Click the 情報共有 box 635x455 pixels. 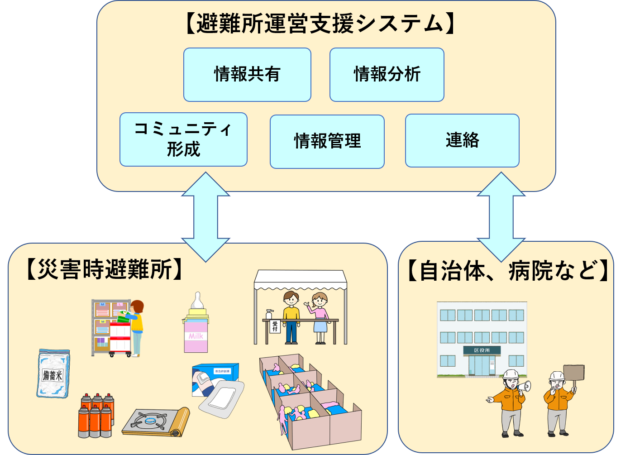(247, 75)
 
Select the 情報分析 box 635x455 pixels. (387, 75)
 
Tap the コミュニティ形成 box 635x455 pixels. (183, 139)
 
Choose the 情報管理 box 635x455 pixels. (327, 141)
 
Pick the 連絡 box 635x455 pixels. (462, 140)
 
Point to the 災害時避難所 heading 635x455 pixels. (104, 270)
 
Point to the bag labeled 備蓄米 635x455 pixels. (53, 374)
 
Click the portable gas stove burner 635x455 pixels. (149, 421)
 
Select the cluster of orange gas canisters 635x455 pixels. (95, 415)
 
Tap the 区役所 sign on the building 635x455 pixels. (482, 350)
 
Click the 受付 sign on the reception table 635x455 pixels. (275, 326)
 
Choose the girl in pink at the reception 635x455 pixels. (320, 317)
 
